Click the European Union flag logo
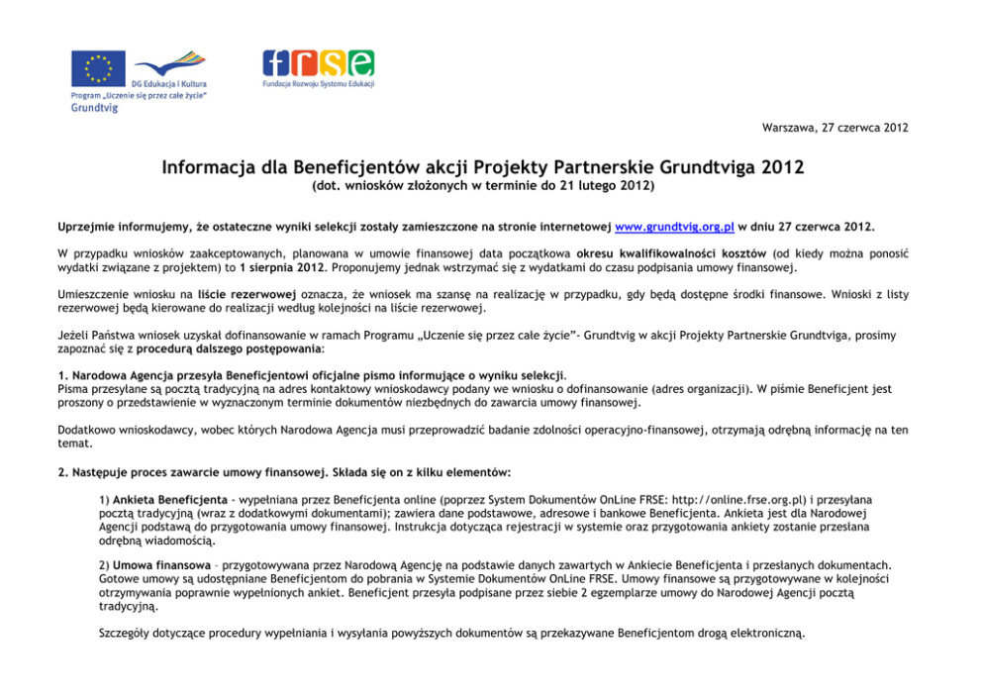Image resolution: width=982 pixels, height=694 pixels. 97,67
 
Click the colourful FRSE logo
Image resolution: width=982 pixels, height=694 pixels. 318,63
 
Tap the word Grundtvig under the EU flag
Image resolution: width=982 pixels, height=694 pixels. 93,108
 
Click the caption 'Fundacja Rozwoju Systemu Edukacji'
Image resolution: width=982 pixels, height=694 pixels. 318,85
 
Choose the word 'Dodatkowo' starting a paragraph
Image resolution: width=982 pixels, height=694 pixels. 87,430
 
